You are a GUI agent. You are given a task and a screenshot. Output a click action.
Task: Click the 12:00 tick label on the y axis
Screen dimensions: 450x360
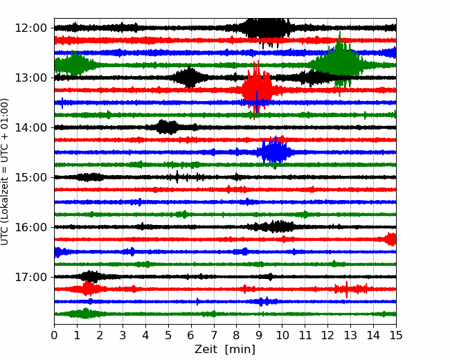click(x=30, y=28)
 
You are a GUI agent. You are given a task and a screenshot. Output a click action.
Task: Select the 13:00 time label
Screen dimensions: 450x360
click(x=30, y=78)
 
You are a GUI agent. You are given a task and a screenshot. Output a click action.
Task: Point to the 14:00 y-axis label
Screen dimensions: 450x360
click(x=30, y=127)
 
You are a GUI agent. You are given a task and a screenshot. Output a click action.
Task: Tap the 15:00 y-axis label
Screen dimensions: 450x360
click(x=30, y=177)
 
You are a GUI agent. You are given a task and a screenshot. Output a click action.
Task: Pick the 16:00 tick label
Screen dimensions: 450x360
click(x=30, y=227)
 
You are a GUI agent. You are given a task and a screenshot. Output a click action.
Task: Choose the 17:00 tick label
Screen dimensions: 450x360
click(x=30, y=277)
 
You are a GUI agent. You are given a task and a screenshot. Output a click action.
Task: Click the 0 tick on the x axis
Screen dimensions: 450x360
click(x=54, y=335)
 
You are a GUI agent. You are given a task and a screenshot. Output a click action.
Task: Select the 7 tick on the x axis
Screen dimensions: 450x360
click(x=214, y=335)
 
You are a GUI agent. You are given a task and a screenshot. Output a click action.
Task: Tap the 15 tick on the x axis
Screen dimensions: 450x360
click(x=396, y=335)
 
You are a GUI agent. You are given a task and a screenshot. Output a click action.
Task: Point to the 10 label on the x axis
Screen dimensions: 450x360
click(x=282, y=335)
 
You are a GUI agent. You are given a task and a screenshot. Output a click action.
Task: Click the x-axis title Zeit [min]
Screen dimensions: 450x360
click(x=225, y=350)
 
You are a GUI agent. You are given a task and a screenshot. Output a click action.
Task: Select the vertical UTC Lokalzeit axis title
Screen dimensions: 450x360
click(x=5, y=172)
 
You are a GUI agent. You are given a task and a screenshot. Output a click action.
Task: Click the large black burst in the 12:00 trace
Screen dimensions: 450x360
click(x=265, y=28)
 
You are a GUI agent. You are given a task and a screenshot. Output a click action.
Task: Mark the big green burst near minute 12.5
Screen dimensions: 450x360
click(x=339, y=64)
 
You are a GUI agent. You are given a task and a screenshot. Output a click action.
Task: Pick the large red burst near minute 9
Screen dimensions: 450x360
click(x=257, y=89)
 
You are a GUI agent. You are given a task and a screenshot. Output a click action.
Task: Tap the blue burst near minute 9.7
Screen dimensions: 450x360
click(x=275, y=152)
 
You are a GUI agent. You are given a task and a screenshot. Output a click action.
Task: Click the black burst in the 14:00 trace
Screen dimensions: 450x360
click(x=168, y=127)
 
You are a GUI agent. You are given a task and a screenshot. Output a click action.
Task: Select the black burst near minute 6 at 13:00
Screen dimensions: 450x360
click(x=189, y=78)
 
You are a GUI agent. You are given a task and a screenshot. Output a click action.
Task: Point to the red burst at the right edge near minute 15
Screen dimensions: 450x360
click(x=391, y=239)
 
